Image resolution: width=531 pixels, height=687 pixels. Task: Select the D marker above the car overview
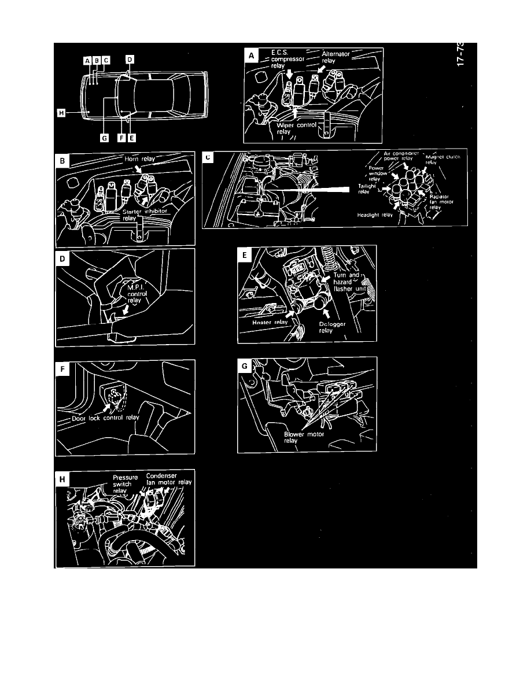(130, 60)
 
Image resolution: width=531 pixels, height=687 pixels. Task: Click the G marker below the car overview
(104, 138)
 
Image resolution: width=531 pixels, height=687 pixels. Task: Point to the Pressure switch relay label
(124, 483)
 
